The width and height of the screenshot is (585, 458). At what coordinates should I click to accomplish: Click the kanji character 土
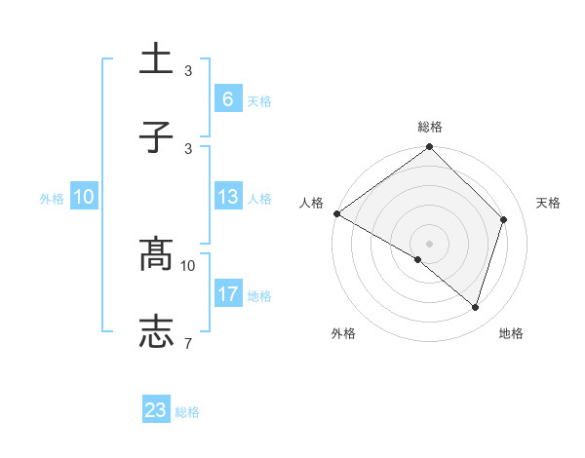point(157,58)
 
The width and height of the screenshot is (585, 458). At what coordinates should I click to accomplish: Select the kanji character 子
point(157,137)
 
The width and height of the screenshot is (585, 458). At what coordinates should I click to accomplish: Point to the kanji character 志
point(157,332)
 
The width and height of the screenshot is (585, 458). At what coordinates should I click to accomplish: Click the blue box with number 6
point(227,98)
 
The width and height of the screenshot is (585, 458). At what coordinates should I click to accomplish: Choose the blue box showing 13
point(227,197)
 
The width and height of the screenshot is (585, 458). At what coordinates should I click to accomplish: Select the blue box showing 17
point(227,294)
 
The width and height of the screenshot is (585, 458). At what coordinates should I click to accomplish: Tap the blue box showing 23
point(156,410)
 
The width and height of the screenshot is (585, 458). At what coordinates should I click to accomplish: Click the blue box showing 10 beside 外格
point(84,197)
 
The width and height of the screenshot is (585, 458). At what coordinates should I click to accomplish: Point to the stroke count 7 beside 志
point(188,343)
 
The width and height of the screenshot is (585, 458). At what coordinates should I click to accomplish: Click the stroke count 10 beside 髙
point(188,265)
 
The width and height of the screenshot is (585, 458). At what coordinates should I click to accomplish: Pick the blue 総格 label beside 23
point(187,412)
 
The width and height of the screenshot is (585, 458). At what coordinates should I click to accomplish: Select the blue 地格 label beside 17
point(259,295)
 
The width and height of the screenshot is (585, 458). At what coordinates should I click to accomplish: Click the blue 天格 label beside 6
point(259,100)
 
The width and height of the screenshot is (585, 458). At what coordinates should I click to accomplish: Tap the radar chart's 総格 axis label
point(430,127)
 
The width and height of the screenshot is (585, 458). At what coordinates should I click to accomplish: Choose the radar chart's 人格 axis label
point(311,203)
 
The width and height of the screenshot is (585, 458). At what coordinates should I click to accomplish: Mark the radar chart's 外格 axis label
point(342,333)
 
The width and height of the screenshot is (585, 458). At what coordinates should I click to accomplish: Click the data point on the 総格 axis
point(430,148)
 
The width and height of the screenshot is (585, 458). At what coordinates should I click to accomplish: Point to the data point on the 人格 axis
point(336,213)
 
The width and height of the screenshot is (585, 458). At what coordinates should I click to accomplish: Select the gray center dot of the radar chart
point(430,243)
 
